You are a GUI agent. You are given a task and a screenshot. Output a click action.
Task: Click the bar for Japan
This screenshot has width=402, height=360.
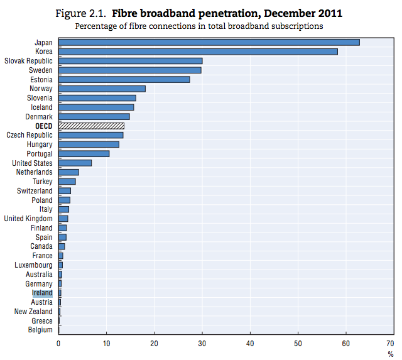[209, 42]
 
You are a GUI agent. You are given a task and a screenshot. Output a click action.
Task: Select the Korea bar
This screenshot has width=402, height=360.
[198, 52]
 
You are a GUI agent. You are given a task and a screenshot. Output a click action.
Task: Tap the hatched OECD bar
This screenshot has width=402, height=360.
[91, 126]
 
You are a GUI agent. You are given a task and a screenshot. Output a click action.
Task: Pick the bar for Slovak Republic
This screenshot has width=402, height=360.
[130, 61]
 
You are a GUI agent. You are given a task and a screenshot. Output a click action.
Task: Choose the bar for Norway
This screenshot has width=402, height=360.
[102, 89]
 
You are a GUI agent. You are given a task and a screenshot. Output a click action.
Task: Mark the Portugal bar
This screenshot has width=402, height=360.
[84, 153]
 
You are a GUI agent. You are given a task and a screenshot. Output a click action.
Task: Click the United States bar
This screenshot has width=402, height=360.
[75, 163]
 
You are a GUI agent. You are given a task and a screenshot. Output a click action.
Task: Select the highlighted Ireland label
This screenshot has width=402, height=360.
[42, 293]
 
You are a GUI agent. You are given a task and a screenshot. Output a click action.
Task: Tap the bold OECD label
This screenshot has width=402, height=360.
[44, 126]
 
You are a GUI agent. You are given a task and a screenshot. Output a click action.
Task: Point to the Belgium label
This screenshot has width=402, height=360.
[40, 330]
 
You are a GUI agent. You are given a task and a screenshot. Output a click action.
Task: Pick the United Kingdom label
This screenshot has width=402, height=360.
[28, 219]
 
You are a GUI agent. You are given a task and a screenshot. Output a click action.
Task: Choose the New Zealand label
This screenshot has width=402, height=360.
[33, 312]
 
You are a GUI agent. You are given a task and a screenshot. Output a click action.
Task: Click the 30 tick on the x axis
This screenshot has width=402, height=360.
[202, 343]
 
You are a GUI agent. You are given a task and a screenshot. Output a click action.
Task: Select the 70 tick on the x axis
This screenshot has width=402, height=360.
[393, 343]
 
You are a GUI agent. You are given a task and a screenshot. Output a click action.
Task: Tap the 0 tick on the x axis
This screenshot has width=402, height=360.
[58, 343]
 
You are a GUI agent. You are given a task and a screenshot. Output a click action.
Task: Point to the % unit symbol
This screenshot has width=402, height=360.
[391, 354]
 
